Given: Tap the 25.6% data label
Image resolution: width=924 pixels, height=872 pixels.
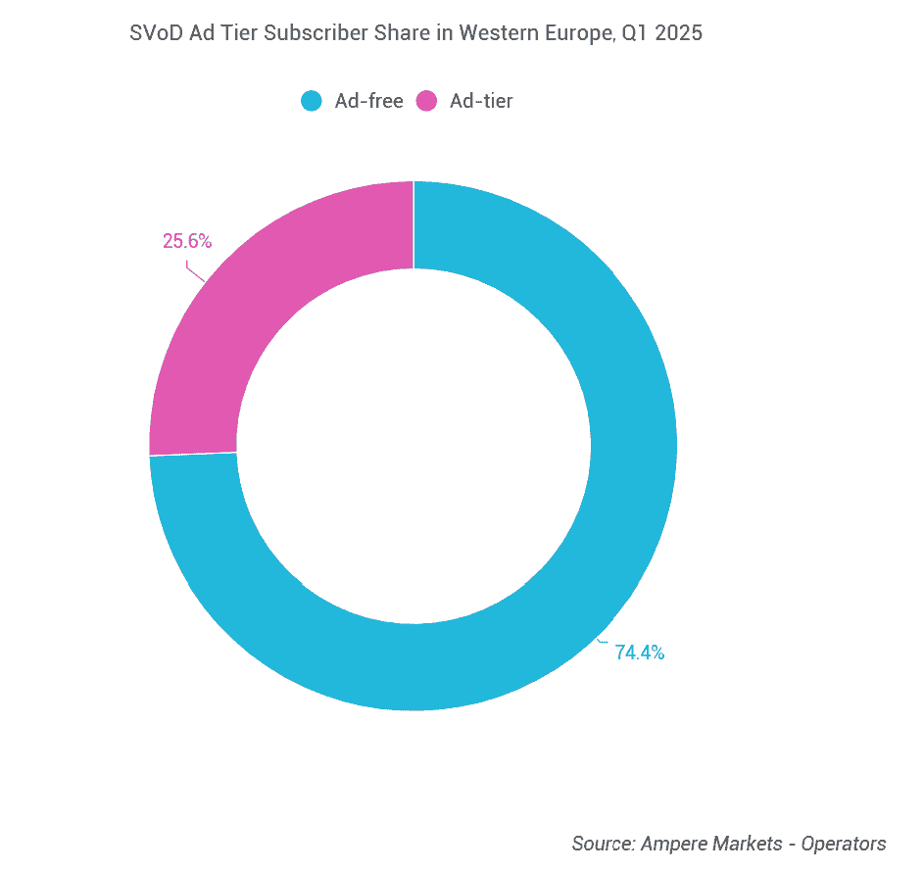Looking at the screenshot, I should tap(187, 241).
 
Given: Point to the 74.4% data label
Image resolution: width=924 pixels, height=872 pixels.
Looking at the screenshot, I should tap(640, 653).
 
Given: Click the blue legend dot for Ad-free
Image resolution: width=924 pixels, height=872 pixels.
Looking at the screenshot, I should tap(312, 101).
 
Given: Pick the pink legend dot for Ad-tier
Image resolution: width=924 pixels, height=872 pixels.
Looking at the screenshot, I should tap(426, 101).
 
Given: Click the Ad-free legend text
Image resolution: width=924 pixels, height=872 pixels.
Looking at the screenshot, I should tap(369, 101).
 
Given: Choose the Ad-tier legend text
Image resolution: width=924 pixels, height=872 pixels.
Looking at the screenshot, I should tap(481, 101).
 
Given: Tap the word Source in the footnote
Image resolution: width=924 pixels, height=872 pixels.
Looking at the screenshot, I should tap(603, 844).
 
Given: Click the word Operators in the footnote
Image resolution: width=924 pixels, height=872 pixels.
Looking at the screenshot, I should tap(844, 844).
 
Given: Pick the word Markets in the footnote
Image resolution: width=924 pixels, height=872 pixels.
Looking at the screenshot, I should tap(750, 844).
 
